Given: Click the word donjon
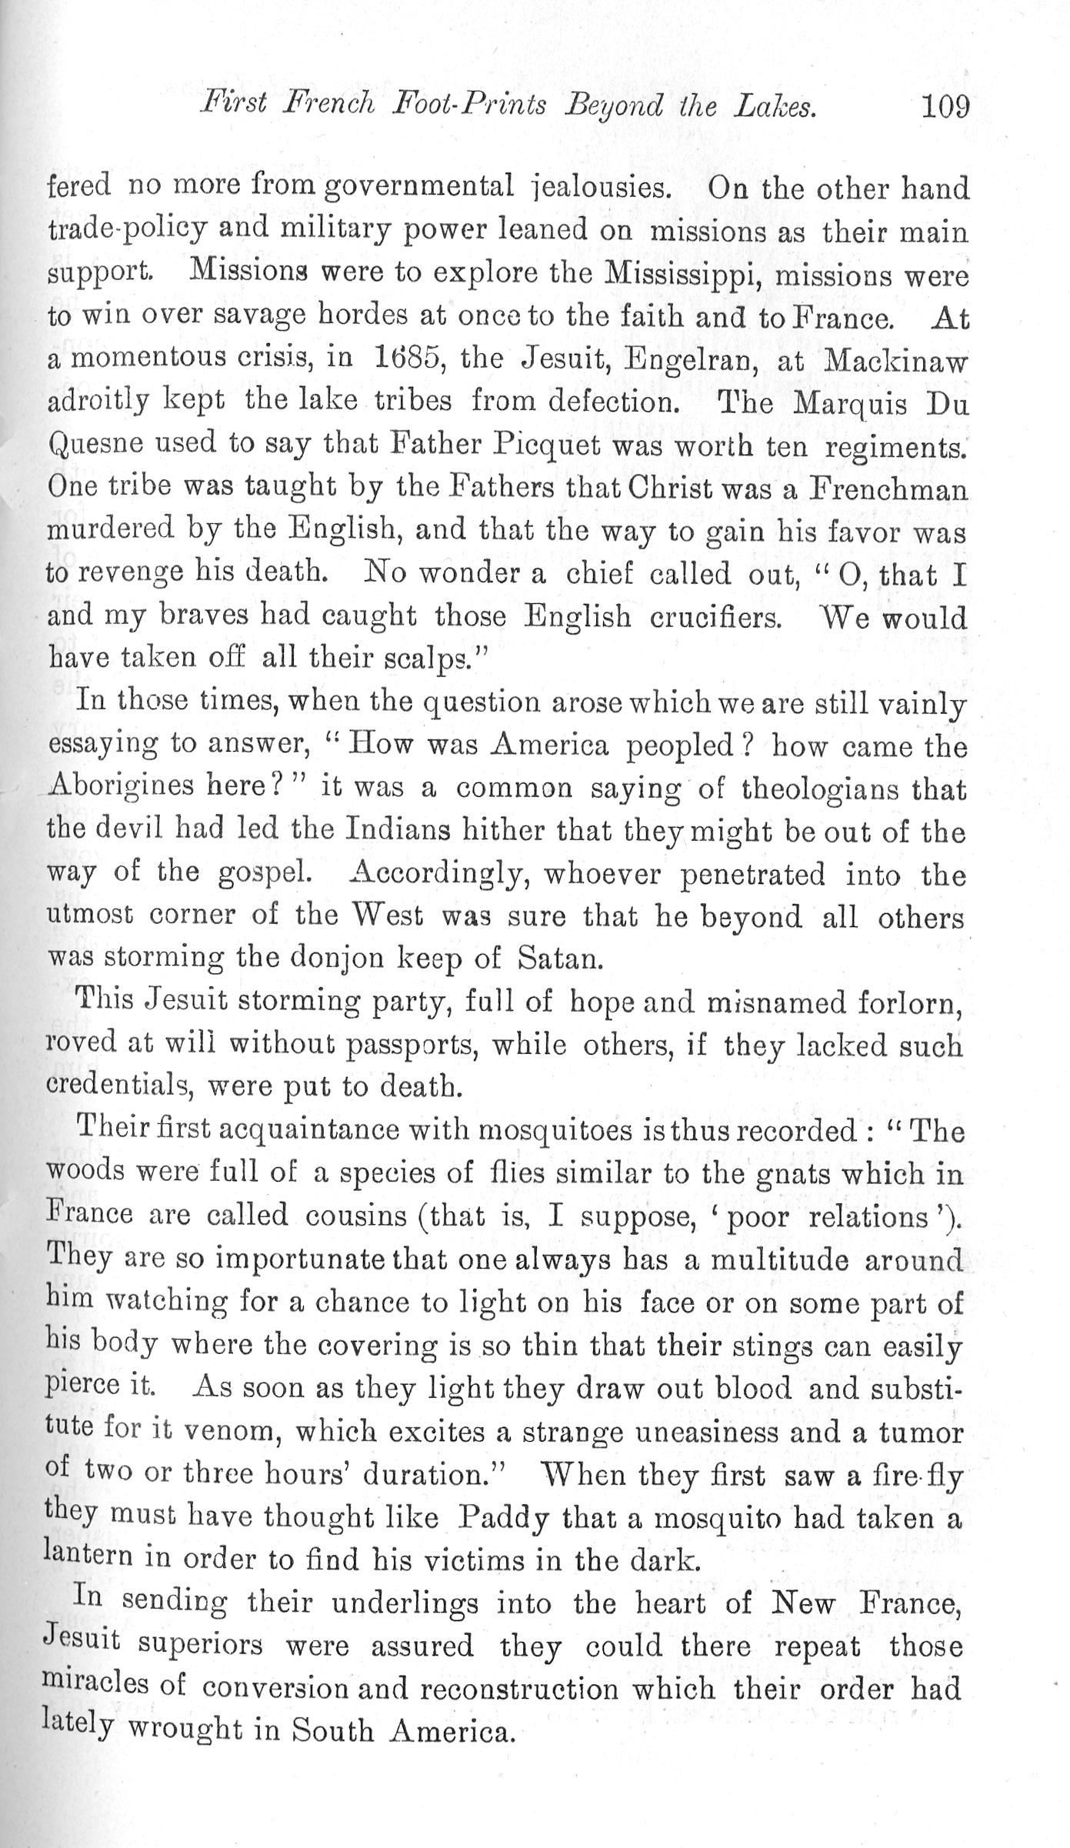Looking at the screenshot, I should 325,958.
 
